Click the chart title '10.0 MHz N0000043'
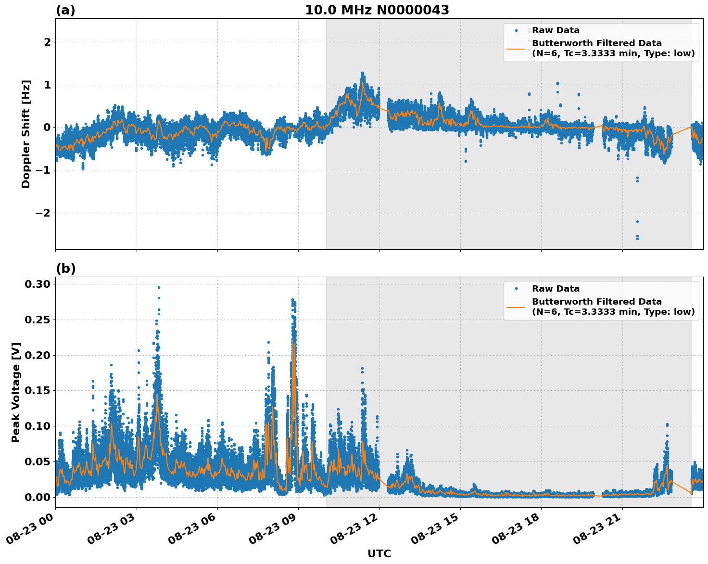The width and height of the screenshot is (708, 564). pyautogui.click(x=377, y=10)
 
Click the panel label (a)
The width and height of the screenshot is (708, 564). pyautogui.click(x=65, y=10)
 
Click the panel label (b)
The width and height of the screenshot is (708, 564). pyautogui.click(x=65, y=269)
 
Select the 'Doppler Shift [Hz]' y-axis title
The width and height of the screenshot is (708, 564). pyautogui.click(x=26, y=134)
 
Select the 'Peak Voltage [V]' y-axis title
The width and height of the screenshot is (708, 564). pyautogui.click(x=16, y=392)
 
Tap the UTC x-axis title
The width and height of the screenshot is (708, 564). pyautogui.click(x=379, y=553)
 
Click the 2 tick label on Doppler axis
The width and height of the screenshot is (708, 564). pyautogui.click(x=47, y=42)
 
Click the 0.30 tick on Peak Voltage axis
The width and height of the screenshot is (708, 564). pyautogui.click(x=38, y=284)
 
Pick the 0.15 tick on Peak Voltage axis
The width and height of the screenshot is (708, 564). pyautogui.click(x=38, y=390)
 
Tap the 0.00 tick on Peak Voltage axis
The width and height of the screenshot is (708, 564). pyautogui.click(x=38, y=497)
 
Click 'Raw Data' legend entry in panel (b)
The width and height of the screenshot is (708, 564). pyautogui.click(x=556, y=289)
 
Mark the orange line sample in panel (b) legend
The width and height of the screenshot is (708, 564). pyautogui.click(x=516, y=307)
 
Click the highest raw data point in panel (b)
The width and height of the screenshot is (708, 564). pyautogui.click(x=159, y=287)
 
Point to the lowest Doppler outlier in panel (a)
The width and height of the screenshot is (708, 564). pyautogui.click(x=637, y=239)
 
